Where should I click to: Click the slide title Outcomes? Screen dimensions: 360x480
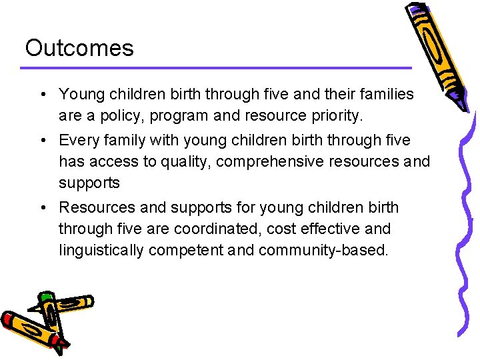pos(79,48)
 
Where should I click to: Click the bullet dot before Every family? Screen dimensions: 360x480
pos(43,141)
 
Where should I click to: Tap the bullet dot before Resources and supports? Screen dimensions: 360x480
pos(43,207)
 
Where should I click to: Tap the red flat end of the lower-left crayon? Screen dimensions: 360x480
pos(8,320)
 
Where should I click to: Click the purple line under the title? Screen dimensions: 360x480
pos(217,67)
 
